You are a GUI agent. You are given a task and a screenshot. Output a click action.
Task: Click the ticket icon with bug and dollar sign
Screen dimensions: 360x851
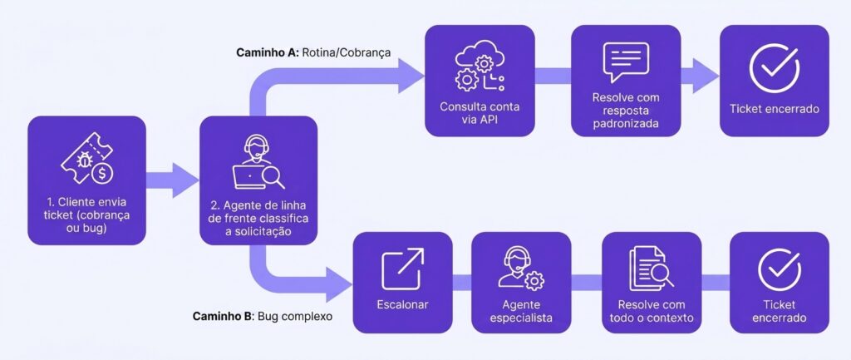click(x=86, y=160)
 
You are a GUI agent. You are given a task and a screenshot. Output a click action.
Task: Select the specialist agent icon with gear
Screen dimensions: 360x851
click(x=521, y=268)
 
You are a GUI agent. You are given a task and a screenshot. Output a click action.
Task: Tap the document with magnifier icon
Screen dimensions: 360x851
click(x=650, y=268)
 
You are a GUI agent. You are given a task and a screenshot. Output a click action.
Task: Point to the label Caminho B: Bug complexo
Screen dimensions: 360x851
click(x=262, y=316)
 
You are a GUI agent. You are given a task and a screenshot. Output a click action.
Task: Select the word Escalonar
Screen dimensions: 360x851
click(x=403, y=304)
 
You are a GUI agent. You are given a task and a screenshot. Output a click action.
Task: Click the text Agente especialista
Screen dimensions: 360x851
click(x=521, y=311)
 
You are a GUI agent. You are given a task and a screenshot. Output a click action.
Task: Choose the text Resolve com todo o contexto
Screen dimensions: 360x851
click(x=650, y=311)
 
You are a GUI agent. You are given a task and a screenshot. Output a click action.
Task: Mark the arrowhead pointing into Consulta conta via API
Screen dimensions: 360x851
click(x=411, y=76)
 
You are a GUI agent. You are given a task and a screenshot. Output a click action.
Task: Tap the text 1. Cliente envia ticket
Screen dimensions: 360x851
click(x=86, y=210)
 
